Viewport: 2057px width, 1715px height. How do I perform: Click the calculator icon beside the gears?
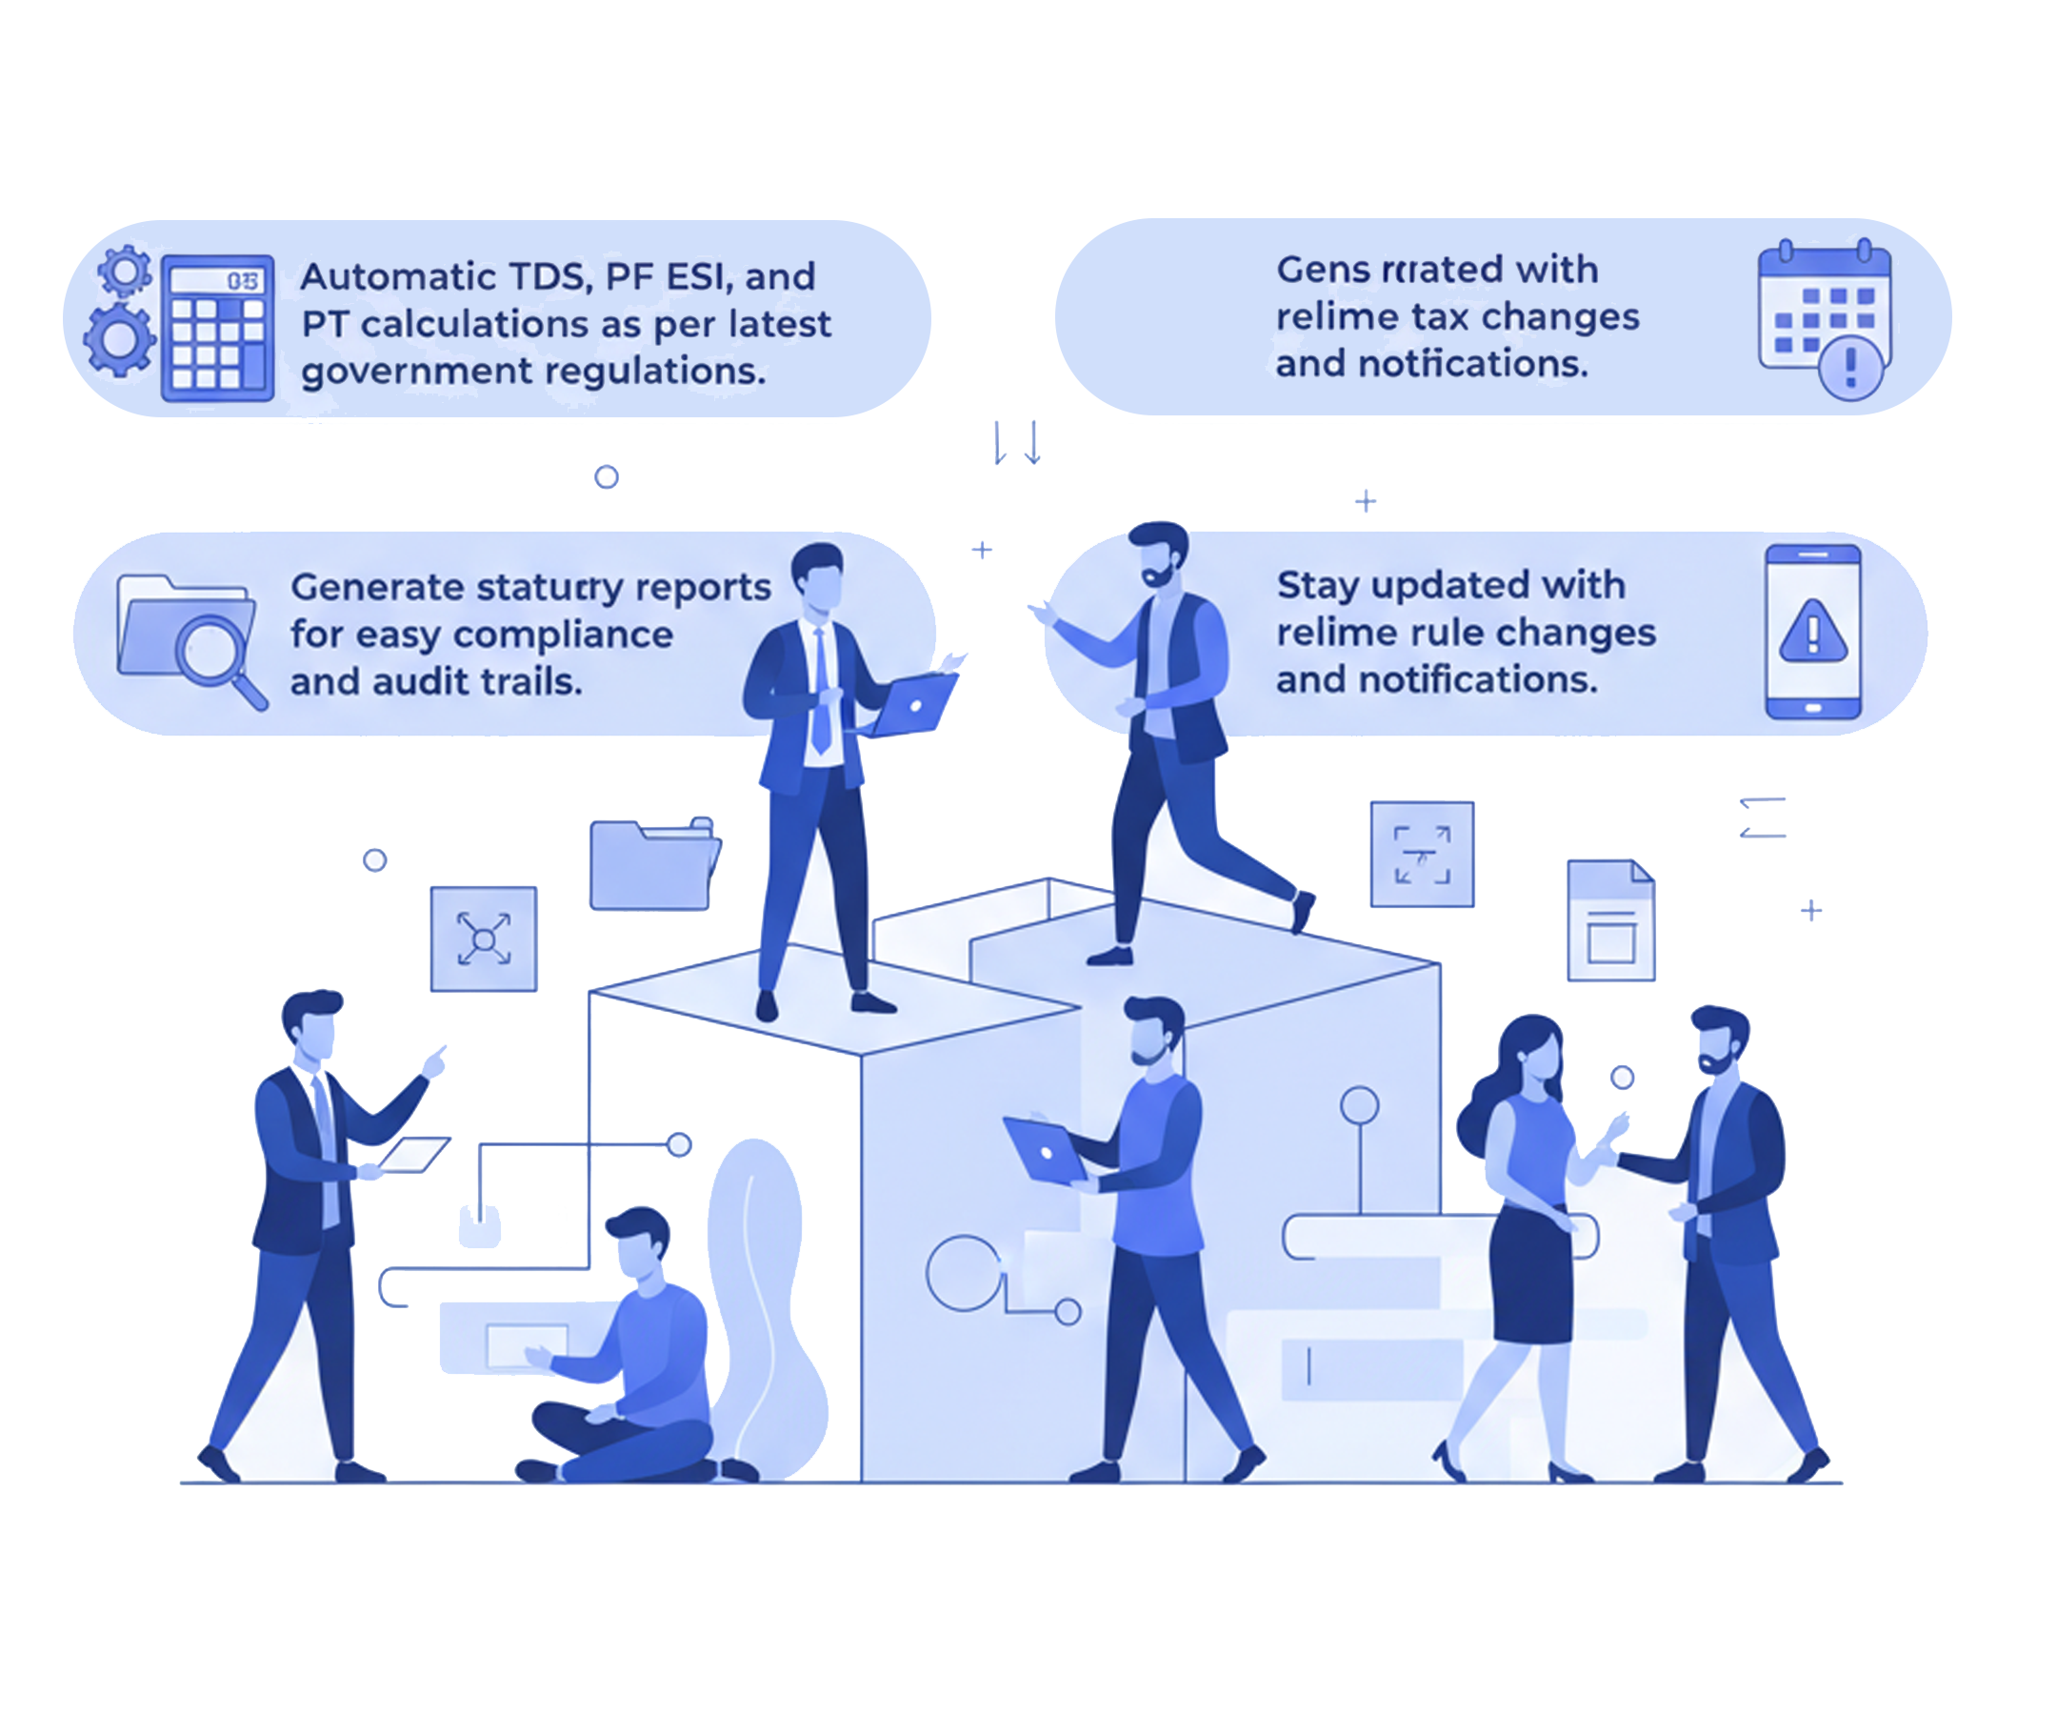(217, 328)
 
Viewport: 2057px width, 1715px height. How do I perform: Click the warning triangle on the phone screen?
(1812, 631)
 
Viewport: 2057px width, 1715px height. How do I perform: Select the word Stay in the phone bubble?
(1318, 585)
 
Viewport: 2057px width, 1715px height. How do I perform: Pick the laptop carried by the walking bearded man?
(1044, 1151)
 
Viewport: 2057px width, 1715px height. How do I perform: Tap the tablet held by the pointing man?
(413, 1154)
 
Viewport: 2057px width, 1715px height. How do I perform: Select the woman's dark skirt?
(1530, 1274)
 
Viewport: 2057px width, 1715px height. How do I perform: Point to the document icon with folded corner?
(1610, 920)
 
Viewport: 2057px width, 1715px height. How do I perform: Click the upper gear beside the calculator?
(126, 272)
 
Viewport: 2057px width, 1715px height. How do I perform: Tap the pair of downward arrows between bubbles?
(1017, 443)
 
